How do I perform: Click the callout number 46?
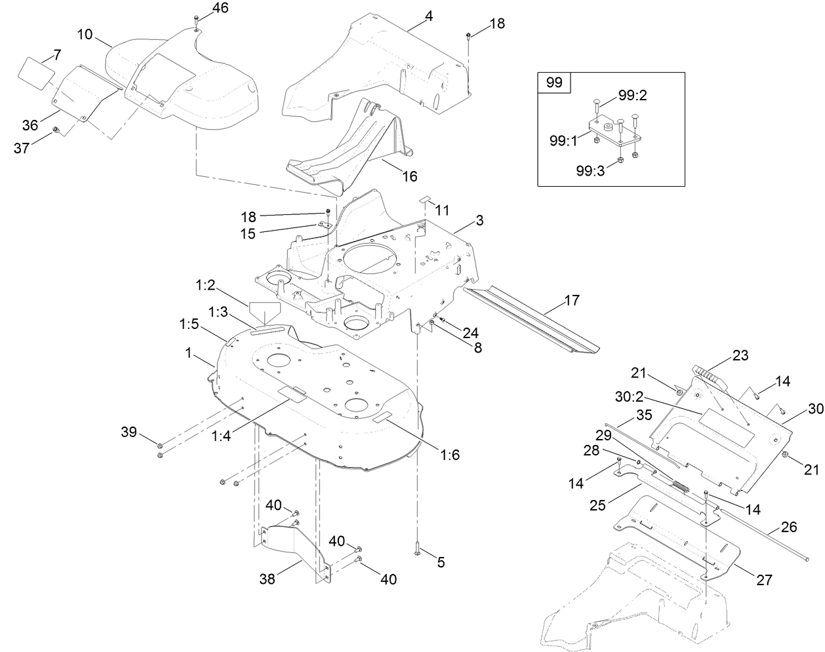coord(203,8)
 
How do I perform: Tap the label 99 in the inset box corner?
coord(554,83)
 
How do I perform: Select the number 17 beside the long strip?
coord(571,301)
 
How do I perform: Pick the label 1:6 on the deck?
coord(449,455)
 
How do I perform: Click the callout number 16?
coord(409,176)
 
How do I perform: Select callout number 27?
coord(763,580)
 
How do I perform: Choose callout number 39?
coord(129,432)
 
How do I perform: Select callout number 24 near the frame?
coord(470,332)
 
